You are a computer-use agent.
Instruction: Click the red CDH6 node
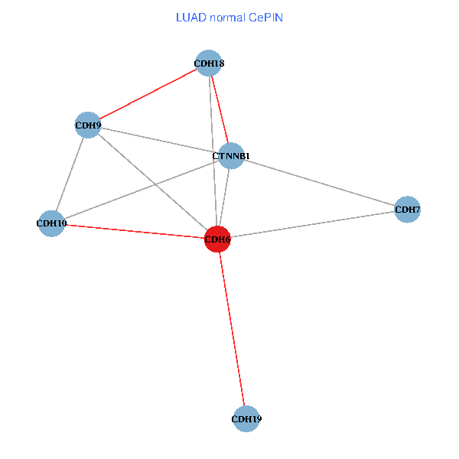(217, 239)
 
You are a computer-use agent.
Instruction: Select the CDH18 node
(209, 63)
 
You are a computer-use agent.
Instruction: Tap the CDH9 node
(88, 125)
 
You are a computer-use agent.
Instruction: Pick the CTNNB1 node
(231, 156)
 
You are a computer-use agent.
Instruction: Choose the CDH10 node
(51, 223)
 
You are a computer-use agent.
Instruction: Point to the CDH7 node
(408, 209)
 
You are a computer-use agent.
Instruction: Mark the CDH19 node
(246, 418)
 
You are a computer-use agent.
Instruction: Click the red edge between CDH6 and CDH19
(231, 329)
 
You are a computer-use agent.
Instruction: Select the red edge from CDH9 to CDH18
(148, 93)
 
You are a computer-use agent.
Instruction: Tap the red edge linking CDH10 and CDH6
(134, 231)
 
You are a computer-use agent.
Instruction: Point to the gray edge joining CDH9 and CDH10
(70, 174)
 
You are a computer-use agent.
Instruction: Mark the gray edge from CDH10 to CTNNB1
(141, 190)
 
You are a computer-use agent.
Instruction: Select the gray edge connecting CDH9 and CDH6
(152, 182)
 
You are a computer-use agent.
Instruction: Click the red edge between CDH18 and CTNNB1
(220, 109)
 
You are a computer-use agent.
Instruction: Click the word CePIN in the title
(265, 17)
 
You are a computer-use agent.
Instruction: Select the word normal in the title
(226, 17)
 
